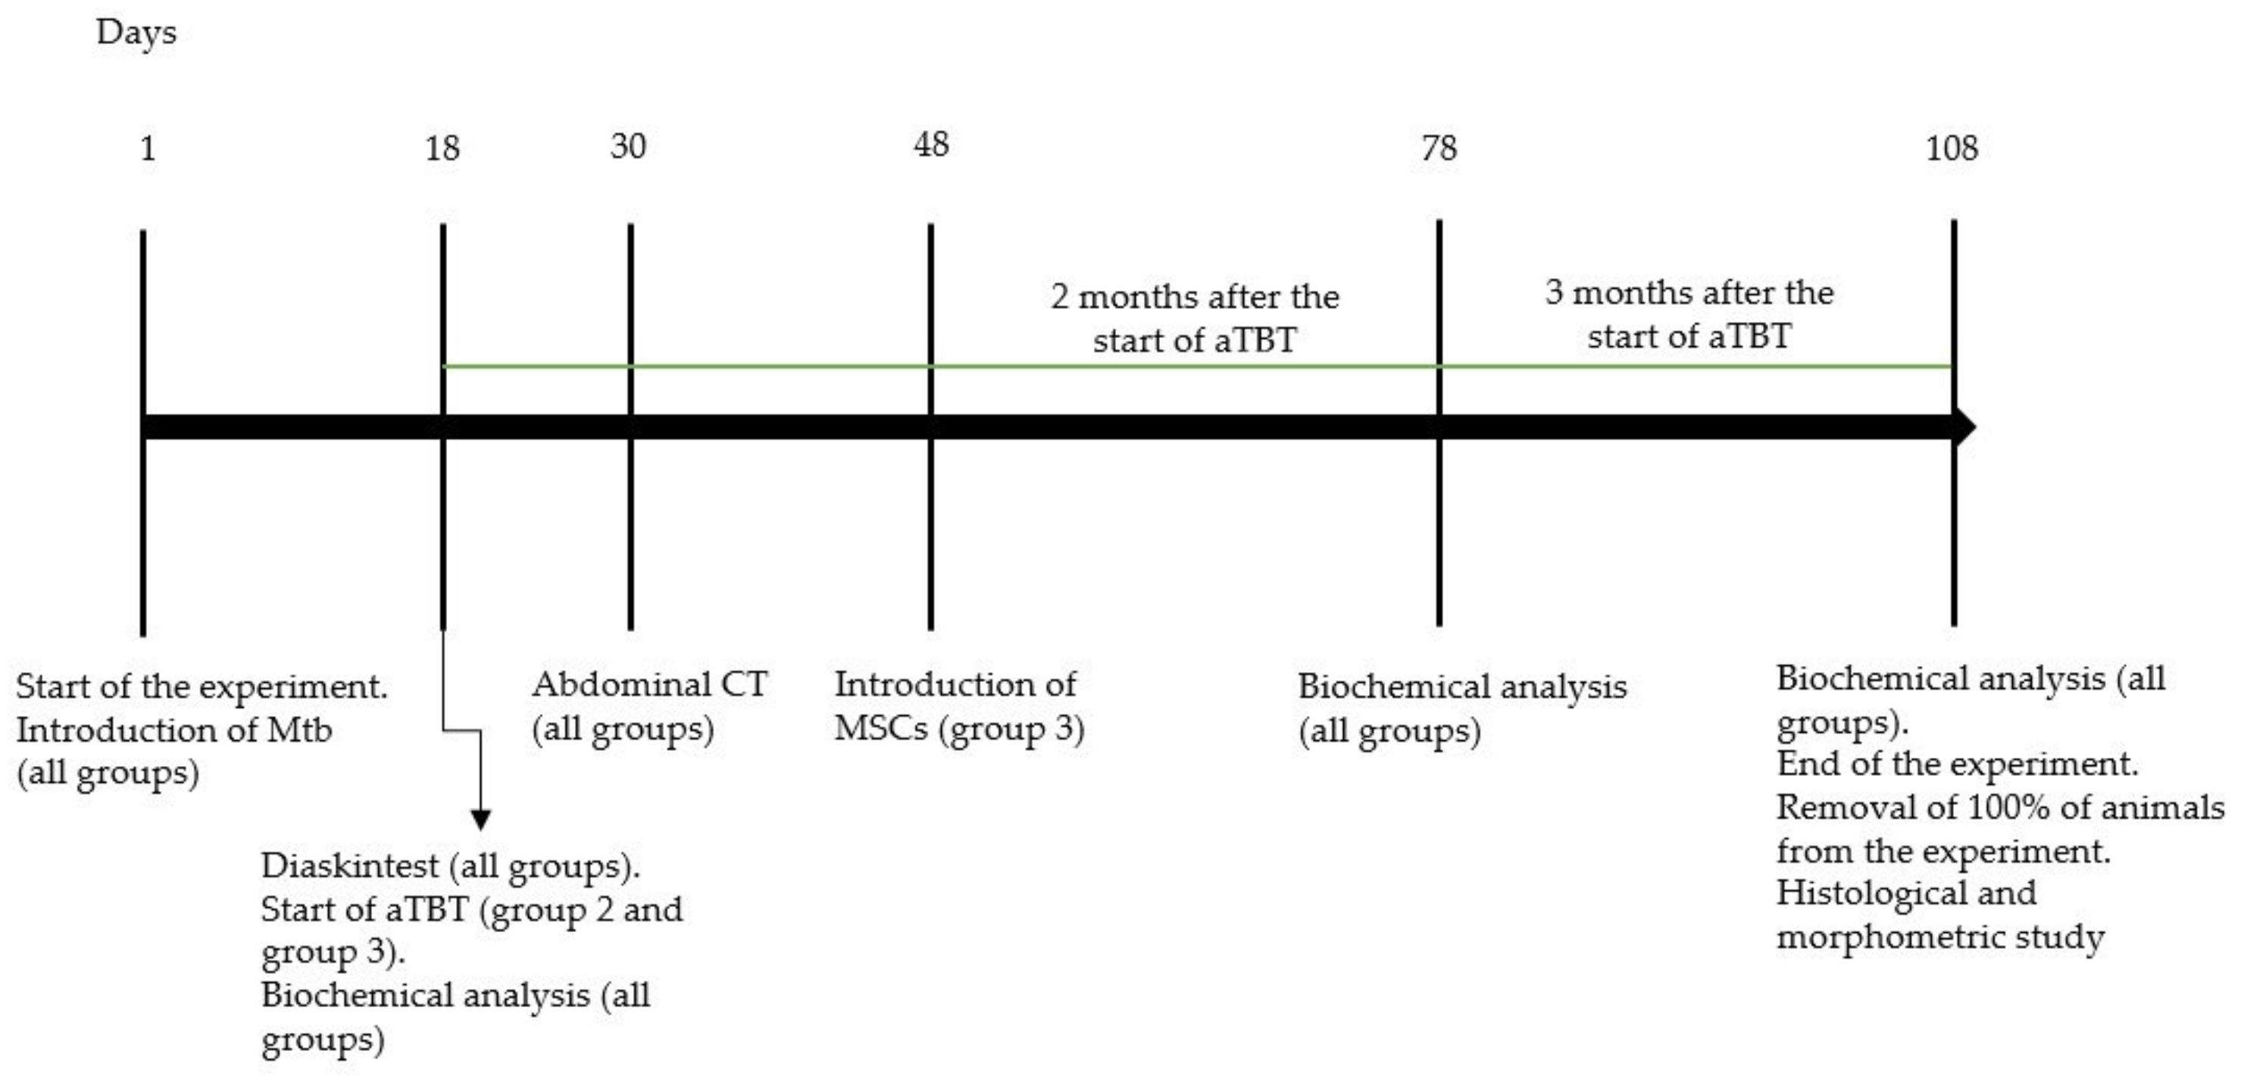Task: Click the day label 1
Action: coord(148,149)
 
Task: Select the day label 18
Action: coord(442,149)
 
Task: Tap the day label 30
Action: coord(628,146)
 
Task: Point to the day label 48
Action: coord(931,145)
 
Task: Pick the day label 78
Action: coord(1439,148)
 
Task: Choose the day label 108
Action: coord(1952,148)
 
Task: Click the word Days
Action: coord(136,33)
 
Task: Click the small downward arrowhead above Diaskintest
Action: coord(480,819)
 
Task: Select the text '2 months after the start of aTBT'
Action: coord(1195,318)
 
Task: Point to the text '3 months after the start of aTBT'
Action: coord(1689,314)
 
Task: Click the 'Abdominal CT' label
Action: coord(650,684)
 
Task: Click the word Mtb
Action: coord(299,730)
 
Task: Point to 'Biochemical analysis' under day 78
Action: coord(1461,687)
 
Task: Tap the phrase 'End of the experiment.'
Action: coord(1957,764)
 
